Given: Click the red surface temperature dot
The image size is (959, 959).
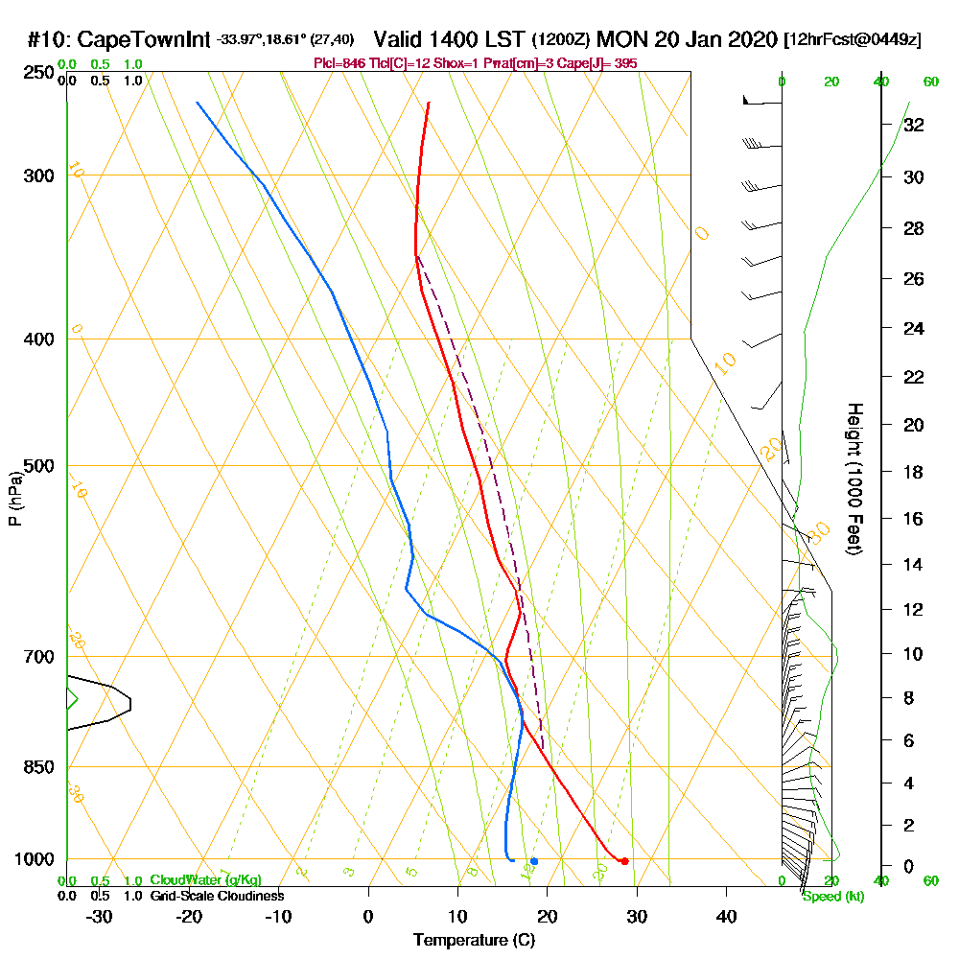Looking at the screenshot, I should tap(624, 861).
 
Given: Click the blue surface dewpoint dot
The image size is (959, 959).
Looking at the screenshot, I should tap(534, 861).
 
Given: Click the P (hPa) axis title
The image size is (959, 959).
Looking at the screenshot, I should tap(14, 498).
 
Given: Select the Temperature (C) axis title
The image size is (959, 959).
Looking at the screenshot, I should tap(474, 941).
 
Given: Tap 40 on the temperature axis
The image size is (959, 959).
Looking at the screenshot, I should tap(727, 917).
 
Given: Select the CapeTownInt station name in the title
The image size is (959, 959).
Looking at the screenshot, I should tap(144, 40).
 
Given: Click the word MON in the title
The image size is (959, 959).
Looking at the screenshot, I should tap(622, 40).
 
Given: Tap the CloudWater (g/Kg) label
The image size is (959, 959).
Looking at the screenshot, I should tap(205, 880).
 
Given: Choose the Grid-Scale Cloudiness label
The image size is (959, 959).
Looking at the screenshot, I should tap(217, 896).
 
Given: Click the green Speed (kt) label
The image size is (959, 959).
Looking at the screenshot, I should tap(832, 897).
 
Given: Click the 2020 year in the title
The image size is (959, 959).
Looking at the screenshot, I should tap(749, 40).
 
